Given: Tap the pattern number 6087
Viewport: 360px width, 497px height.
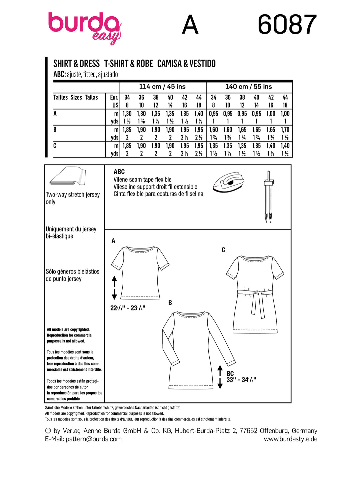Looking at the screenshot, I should click(287, 25).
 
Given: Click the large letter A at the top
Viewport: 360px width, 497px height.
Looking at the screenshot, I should click(190, 25).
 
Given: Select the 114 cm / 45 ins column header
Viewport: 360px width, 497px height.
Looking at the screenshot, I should click(162, 87).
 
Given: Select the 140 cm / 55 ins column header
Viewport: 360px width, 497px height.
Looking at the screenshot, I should click(249, 87).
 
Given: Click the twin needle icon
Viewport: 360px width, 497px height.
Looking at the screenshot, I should click(268, 197).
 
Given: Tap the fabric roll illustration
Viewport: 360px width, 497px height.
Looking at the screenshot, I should click(68, 176).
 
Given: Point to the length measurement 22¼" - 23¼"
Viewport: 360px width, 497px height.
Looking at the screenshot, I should click(128, 308).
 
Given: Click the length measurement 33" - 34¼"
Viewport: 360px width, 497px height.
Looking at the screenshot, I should click(241, 380).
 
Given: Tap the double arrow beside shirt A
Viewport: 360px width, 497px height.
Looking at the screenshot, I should click(114, 288).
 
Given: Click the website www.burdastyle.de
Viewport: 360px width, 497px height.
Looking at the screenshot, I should click(290, 439).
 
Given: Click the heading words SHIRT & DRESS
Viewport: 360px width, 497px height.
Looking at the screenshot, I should click(77, 64).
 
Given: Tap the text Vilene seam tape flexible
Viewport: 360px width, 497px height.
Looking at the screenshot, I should click(142, 180).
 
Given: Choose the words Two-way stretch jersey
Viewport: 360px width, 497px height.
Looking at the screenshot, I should click(73, 195).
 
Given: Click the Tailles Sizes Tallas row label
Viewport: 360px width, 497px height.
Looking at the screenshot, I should click(76, 97).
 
